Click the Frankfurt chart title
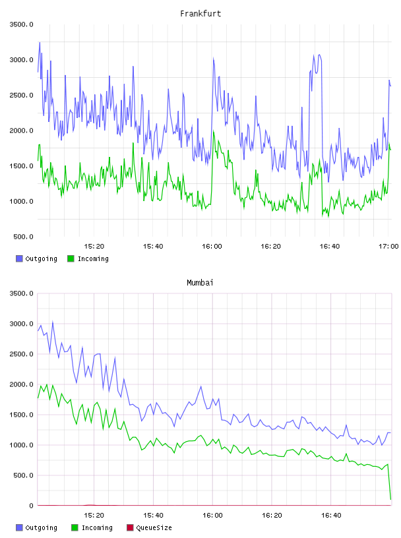click(200, 13)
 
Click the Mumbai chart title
click(200, 282)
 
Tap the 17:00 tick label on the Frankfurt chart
click(388, 246)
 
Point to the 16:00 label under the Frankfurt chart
click(212, 246)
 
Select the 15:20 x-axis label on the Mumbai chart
click(94, 515)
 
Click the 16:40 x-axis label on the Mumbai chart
click(331, 515)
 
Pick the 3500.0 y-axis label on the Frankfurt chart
click(21, 24)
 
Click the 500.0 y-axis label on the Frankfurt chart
click(23, 237)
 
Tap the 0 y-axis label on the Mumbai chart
click(31, 506)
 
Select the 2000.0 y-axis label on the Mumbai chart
click(21, 384)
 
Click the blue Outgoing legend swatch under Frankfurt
click(19, 258)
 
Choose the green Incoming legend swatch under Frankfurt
click(71, 258)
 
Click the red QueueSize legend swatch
click(130, 527)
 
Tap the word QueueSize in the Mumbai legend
click(154, 527)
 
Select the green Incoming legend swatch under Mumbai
click(75, 527)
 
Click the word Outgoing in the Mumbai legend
click(41, 527)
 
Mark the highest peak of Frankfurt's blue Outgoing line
click(40, 43)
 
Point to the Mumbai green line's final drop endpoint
click(390, 499)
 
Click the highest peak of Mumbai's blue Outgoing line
click(53, 322)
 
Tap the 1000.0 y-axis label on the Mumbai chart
click(21, 445)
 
